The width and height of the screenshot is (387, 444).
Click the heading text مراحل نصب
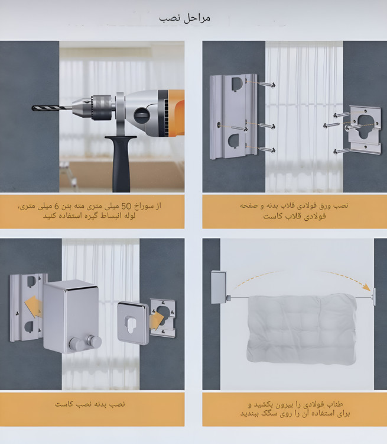coord(184,19)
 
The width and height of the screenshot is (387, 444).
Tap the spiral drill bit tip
coord(33,108)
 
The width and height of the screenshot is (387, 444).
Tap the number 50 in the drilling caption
coord(126,206)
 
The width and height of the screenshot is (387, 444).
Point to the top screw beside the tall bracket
coord(266,84)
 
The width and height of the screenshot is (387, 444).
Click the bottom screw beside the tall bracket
coord(266,149)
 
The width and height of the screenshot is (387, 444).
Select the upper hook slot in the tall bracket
coord(238,84)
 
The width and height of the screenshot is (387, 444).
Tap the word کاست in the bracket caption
coord(273,217)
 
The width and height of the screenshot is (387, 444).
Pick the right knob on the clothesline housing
coord(95,341)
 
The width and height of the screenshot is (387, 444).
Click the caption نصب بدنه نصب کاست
coord(90,404)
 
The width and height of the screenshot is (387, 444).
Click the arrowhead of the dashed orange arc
coord(368,287)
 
